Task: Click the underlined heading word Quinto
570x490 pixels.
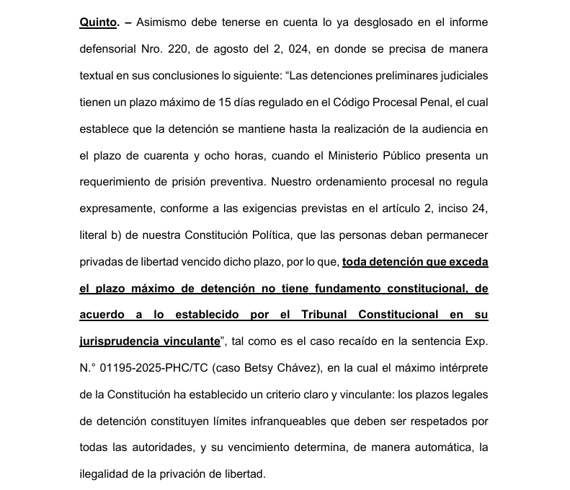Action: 98,22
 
